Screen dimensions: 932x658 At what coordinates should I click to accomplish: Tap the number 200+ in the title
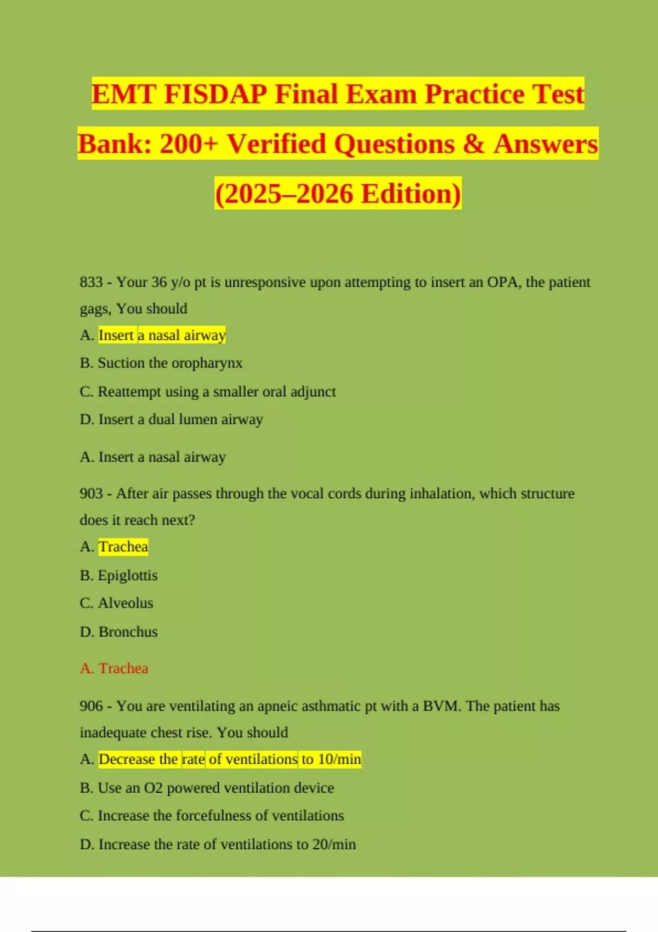click(x=189, y=144)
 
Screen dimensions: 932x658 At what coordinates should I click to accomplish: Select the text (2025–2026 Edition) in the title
click(x=338, y=194)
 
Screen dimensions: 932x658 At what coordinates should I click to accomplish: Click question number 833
click(x=91, y=282)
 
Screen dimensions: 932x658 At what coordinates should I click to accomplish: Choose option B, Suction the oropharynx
click(x=169, y=363)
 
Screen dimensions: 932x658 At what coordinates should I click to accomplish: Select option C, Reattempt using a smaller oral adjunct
click(x=216, y=391)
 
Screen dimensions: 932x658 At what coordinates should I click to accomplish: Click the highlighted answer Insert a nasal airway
click(x=162, y=335)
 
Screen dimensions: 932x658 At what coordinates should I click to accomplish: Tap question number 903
click(x=91, y=493)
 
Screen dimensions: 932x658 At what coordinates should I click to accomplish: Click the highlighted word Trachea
click(x=123, y=547)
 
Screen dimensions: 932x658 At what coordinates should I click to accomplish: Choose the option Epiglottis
click(x=127, y=575)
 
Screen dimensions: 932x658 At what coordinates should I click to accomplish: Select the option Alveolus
click(x=125, y=603)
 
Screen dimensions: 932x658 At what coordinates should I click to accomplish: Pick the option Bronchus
click(x=128, y=632)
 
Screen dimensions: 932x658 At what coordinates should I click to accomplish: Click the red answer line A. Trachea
click(x=114, y=668)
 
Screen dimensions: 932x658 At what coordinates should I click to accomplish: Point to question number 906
click(x=91, y=706)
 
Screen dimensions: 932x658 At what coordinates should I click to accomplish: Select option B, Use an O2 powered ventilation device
click(x=215, y=788)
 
